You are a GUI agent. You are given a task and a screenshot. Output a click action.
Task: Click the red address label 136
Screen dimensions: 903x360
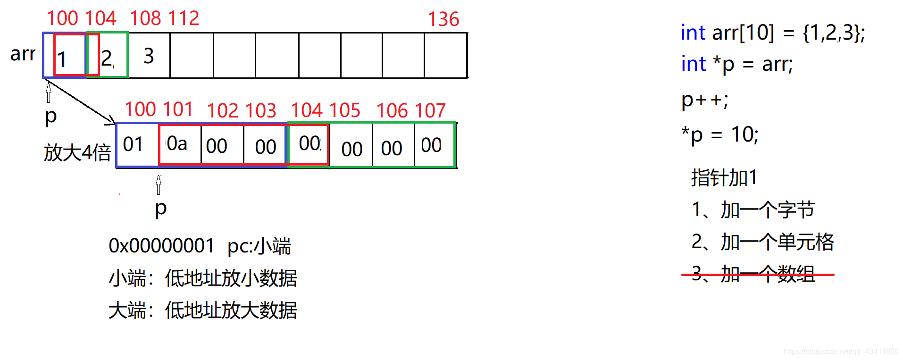[x=443, y=19]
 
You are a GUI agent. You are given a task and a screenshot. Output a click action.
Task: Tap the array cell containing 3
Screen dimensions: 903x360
[x=149, y=56]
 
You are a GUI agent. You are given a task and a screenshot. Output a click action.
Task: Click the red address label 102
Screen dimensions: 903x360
[x=223, y=111]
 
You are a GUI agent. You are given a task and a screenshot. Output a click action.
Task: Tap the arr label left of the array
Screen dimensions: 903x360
[x=23, y=54]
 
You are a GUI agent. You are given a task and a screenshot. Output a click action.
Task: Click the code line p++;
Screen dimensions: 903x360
[x=704, y=100]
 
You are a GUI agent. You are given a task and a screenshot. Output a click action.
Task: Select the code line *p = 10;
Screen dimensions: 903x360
[x=719, y=135]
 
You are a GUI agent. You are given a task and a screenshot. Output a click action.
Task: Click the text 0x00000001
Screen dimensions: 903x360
[x=161, y=246]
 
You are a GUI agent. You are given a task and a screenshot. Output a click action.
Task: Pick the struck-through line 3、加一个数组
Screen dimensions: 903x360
[x=753, y=274]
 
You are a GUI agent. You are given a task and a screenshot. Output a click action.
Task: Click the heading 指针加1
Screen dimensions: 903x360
[x=724, y=178]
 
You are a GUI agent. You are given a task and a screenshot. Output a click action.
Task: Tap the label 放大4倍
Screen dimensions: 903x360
[x=77, y=153]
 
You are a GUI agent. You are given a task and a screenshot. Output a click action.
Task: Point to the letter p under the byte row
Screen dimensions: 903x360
[x=160, y=208]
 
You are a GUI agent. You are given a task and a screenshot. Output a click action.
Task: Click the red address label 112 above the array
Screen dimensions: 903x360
[x=184, y=19]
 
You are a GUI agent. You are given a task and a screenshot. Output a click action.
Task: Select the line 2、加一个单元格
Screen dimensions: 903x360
[x=762, y=242]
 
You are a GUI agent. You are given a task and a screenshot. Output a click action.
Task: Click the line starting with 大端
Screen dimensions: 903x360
[x=202, y=310]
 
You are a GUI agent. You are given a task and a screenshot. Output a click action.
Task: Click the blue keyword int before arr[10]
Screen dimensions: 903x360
[x=693, y=33]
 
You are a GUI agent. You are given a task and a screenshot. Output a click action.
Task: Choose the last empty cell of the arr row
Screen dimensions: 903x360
[x=445, y=56]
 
